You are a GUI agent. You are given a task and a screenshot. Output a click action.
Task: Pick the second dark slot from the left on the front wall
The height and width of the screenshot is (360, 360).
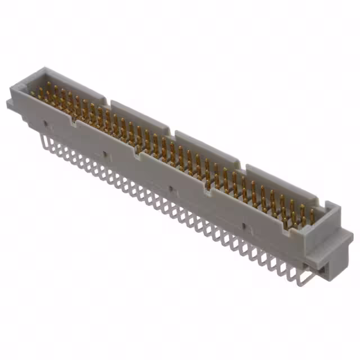[x=105, y=153]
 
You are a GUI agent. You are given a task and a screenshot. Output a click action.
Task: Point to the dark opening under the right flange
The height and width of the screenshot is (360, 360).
[x=322, y=269]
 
